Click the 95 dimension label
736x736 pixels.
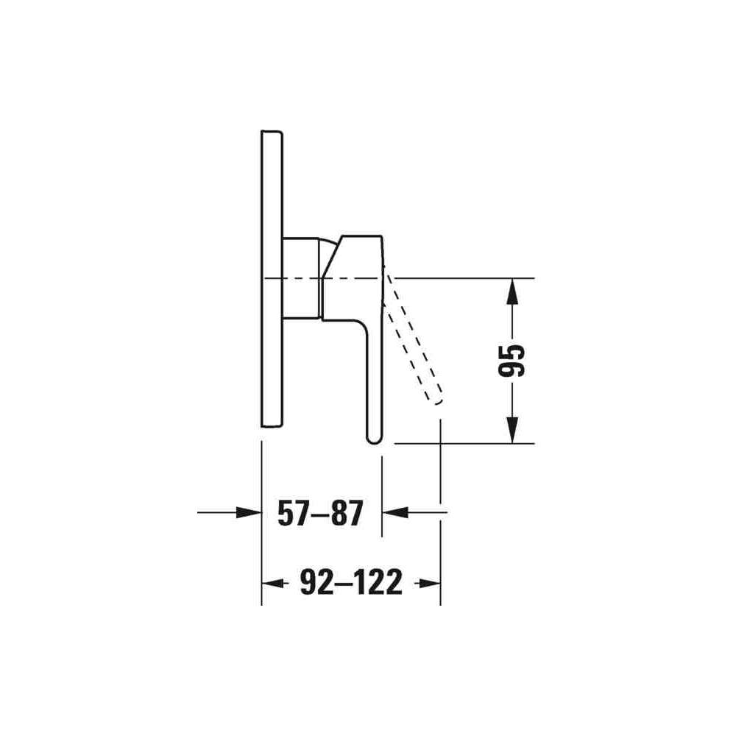pyautogui.click(x=512, y=361)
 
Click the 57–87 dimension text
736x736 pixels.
pyautogui.click(x=321, y=513)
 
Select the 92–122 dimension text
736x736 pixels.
pyautogui.click(x=351, y=582)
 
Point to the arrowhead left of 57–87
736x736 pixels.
pyautogui.click(x=249, y=512)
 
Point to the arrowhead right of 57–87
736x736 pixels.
pyautogui.click(x=395, y=512)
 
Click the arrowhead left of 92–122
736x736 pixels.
pyautogui.click(x=274, y=584)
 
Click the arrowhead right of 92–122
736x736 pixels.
pyautogui.click(x=428, y=584)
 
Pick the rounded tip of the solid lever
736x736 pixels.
pyautogui.click(x=375, y=439)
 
